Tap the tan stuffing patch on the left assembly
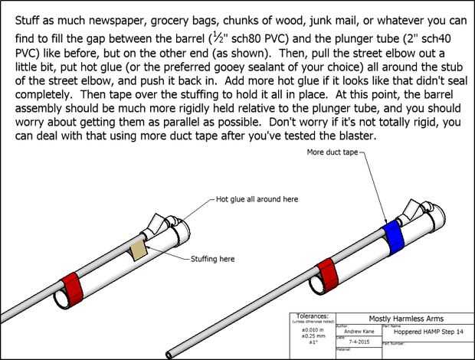(x=139, y=251)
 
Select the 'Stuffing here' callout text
(x=218, y=260)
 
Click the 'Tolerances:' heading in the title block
(x=314, y=315)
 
